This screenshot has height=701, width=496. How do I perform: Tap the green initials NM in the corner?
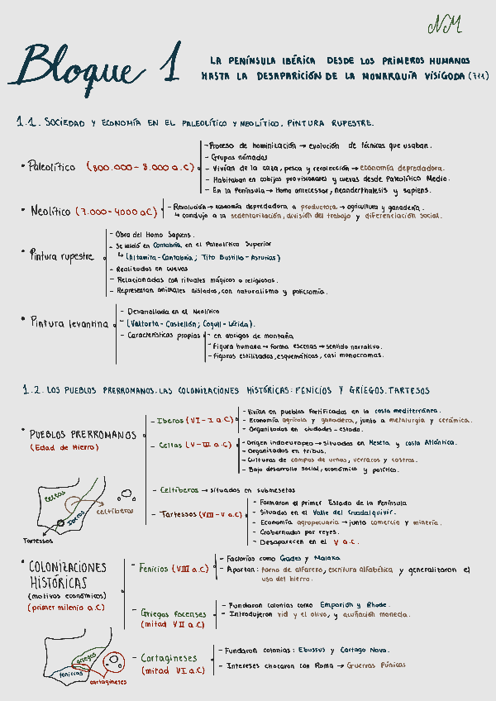click(445, 26)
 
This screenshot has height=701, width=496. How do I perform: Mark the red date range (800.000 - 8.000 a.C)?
click(140, 167)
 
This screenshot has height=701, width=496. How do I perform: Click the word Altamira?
click(146, 258)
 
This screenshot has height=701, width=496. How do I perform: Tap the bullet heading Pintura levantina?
click(69, 323)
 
